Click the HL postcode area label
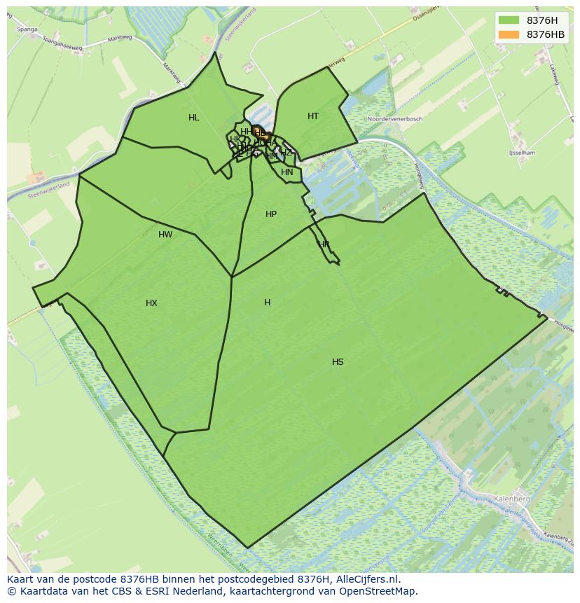coord(194,118)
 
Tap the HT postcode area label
coord(313,116)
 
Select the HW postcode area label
coord(165,235)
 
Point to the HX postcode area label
coord(151,303)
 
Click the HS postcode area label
coord(338,362)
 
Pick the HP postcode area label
coord(271,214)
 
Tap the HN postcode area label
coord(287,172)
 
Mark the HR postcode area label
coord(324,244)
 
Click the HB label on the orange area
coord(260,132)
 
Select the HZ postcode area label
coord(286,153)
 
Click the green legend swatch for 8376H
coord(509,20)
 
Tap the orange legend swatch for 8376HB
coord(509,34)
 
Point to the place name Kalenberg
coord(511,499)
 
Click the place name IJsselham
coord(522,153)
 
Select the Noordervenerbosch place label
coord(395,119)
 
